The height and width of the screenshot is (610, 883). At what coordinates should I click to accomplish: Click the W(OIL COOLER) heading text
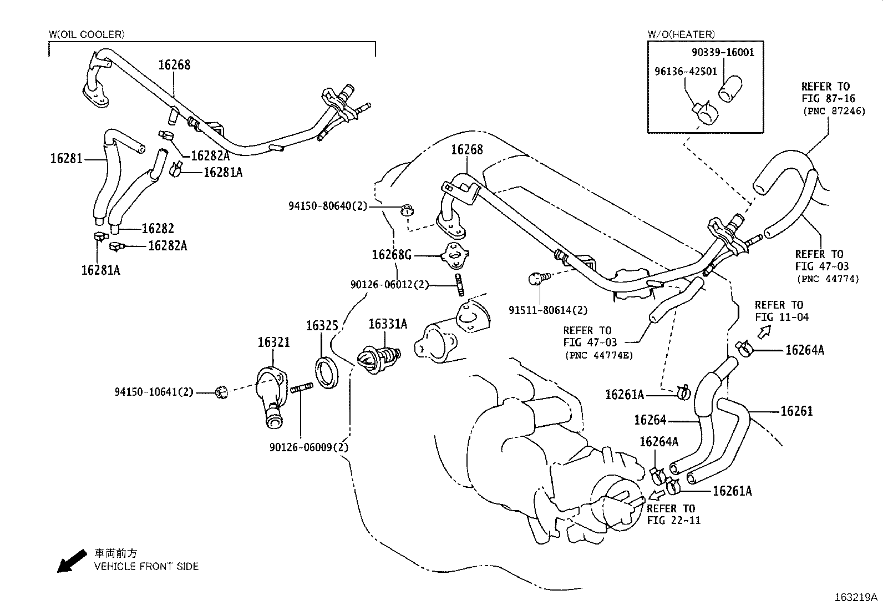pos(87,34)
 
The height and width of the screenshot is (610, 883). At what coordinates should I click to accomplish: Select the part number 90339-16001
pos(723,53)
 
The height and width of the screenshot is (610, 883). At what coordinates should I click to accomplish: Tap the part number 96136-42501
pos(686,72)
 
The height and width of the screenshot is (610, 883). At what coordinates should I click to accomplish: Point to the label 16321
pos(273,343)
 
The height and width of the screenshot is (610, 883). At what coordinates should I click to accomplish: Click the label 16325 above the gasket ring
pos(323,326)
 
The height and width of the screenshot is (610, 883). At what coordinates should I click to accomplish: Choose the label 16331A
pos(388,324)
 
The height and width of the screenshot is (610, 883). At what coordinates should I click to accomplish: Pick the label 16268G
pos(392,255)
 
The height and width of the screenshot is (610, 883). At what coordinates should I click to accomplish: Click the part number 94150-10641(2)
pos(154,392)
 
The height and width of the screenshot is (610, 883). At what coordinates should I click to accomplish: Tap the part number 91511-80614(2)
pos(548,311)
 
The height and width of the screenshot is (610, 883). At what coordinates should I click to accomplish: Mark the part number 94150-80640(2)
pos(328,206)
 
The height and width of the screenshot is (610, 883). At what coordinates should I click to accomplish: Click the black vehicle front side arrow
pos(72,561)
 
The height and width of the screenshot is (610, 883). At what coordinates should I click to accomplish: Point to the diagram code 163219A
pos(856,598)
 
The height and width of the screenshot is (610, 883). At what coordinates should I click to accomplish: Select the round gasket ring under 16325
pos(326,372)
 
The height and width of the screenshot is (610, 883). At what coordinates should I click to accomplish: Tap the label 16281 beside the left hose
pos(67,159)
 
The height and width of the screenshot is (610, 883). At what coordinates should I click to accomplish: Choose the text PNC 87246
pos(829,111)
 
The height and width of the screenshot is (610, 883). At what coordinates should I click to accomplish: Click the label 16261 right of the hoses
pos(796,411)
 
